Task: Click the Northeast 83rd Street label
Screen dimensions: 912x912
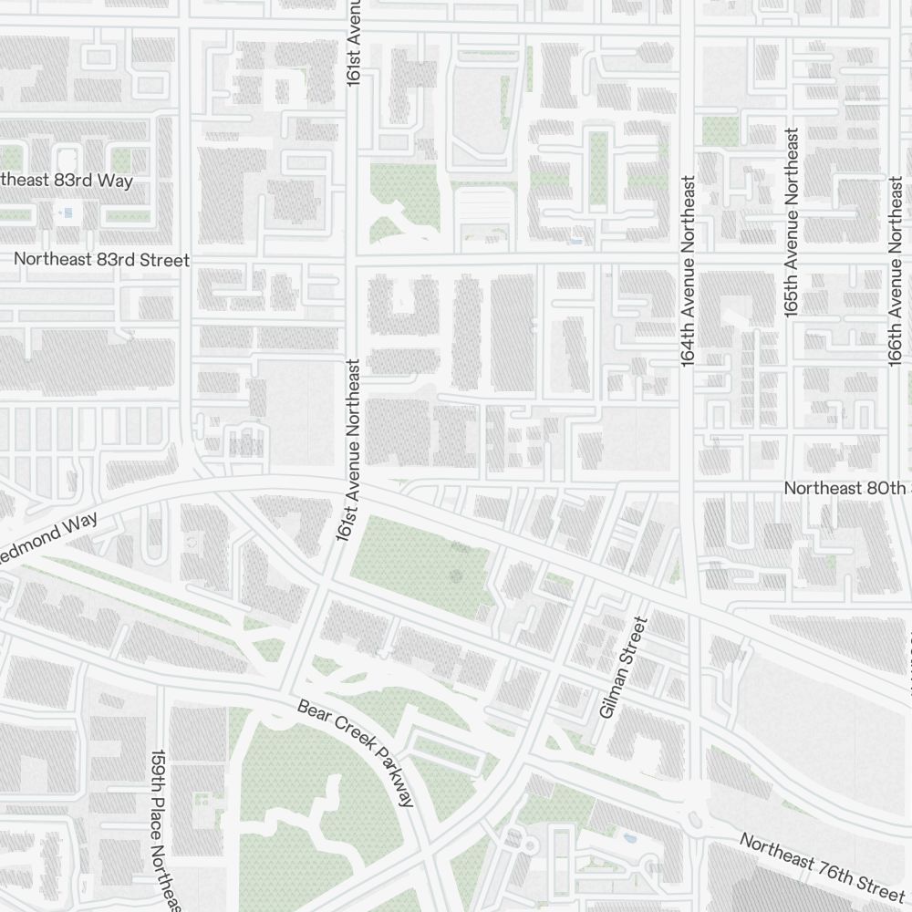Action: [101, 260]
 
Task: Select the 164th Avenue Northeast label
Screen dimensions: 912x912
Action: [689, 272]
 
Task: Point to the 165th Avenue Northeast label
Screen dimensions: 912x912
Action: [792, 223]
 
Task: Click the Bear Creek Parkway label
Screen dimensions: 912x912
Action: [357, 752]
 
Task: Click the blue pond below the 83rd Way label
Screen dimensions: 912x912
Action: [67, 212]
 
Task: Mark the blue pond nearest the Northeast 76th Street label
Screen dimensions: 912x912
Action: [629, 836]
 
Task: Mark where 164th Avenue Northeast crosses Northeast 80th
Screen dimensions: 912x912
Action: [689, 482]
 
